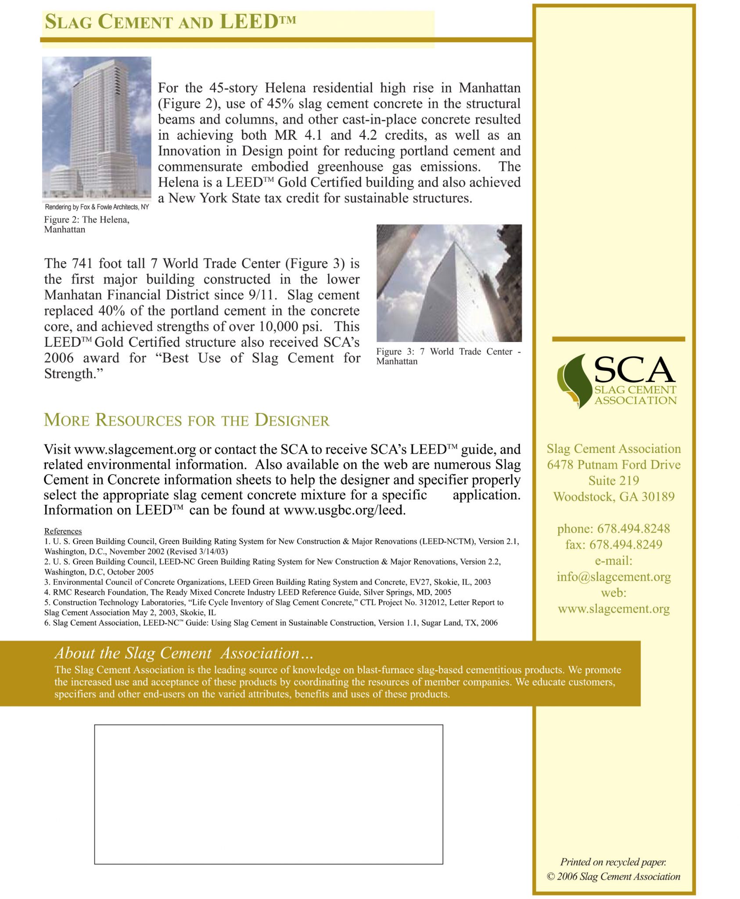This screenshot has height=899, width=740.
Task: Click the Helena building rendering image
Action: tap(97, 127)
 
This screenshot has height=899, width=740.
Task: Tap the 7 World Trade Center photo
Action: tap(449, 283)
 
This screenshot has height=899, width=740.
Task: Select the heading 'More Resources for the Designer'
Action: tap(187, 420)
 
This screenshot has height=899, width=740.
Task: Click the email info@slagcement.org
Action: tap(614, 577)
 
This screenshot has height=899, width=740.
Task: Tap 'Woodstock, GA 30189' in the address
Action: tap(614, 497)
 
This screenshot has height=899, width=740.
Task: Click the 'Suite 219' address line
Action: tap(614, 481)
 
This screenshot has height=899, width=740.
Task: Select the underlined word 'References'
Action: tap(63, 531)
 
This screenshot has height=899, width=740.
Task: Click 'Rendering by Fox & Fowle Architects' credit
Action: tap(97, 207)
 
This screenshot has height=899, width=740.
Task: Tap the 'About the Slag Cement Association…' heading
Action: tap(184, 653)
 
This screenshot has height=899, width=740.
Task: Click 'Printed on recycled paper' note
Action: tap(613, 862)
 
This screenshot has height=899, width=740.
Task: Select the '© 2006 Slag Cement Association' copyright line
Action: tap(613, 877)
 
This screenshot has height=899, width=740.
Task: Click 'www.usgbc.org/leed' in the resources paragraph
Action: tap(345, 510)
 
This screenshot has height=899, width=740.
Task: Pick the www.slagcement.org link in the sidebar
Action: tap(614, 609)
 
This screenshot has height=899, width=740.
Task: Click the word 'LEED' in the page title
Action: tap(248, 22)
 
